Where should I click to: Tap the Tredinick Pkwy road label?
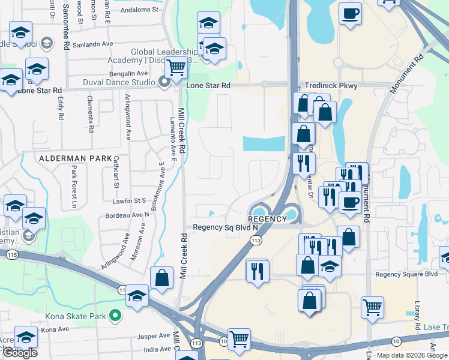pos(331,86)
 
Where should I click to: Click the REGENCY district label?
pos(267,219)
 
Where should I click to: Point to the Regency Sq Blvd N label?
pos(225,228)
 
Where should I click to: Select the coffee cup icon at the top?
pos(350,13)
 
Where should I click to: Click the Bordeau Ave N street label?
pos(127,214)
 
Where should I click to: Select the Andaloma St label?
pos(139,10)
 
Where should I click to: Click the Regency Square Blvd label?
pos(406,275)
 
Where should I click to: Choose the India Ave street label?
pos(158,349)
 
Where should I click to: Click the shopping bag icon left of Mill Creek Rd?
pos(161,278)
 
